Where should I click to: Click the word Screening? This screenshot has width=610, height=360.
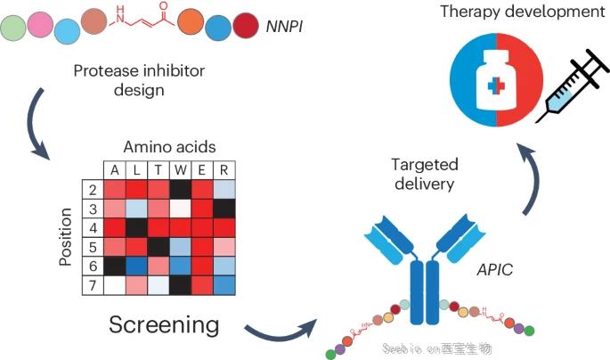point(164,323)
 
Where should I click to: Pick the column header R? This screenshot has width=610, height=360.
point(224,170)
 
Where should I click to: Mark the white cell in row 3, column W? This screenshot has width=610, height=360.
point(181,207)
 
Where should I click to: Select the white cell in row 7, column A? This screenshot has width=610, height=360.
point(114,283)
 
